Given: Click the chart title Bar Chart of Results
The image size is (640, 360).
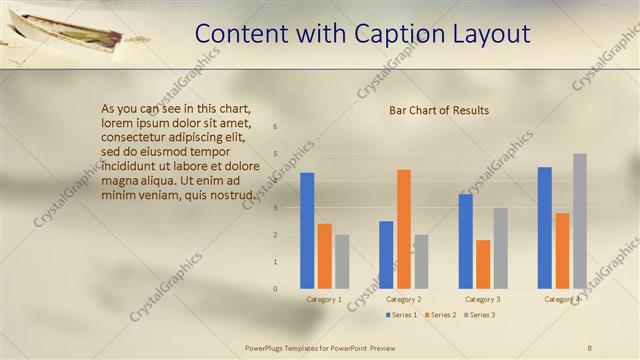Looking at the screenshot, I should pos(439,110).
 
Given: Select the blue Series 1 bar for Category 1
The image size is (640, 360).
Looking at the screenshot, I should pos(307,231).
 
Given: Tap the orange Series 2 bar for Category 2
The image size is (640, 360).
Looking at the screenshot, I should pos(404,229).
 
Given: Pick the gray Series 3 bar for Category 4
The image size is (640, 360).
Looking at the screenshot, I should pos(580,221).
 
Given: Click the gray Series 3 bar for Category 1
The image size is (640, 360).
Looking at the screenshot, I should pos(342,262).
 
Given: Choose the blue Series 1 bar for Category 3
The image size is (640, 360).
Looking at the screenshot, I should pos(465,241).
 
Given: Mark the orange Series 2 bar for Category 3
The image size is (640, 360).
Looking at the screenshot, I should pos(483,264).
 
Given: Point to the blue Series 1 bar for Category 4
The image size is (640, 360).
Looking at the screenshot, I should pos(545,228).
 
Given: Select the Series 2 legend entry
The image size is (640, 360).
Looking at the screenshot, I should pos(439,315).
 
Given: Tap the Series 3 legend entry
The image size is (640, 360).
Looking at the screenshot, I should pos(478,315).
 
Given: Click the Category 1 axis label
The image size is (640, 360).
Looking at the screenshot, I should pos(324,299).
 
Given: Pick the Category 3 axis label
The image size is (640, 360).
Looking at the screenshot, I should pos(483,299).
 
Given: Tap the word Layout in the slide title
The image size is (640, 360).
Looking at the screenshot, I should pos(489,34).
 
